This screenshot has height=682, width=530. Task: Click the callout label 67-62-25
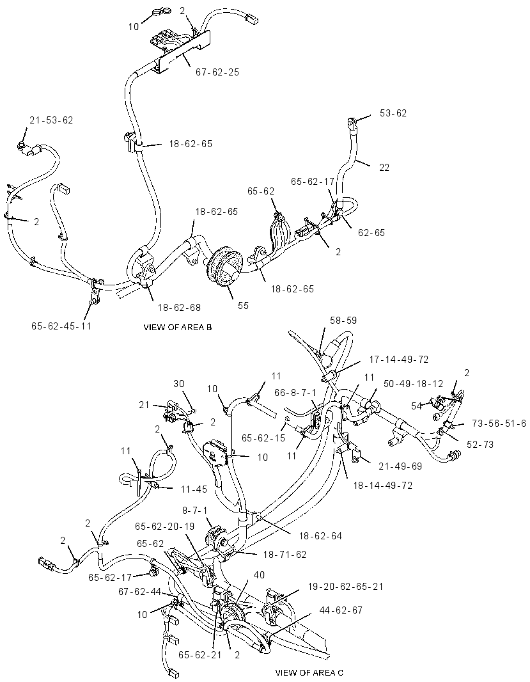click(x=217, y=72)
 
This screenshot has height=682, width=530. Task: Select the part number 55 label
click(x=244, y=306)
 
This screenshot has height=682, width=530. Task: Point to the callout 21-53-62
click(x=51, y=120)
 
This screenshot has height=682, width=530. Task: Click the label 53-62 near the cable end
click(x=393, y=113)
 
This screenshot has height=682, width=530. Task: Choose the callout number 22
click(x=384, y=168)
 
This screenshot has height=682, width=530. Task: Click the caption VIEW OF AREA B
click(x=178, y=328)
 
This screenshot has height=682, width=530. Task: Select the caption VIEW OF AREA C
click(x=309, y=673)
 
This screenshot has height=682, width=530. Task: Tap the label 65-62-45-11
click(x=61, y=326)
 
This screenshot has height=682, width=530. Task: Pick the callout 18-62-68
click(x=179, y=308)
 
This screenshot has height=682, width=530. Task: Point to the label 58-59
click(x=343, y=321)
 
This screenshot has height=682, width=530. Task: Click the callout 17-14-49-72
click(x=399, y=360)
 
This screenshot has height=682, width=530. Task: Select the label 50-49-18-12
click(x=413, y=384)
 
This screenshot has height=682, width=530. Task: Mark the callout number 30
click(x=179, y=384)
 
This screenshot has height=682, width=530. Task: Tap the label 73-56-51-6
click(x=499, y=424)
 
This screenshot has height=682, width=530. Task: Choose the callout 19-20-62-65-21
click(x=346, y=586)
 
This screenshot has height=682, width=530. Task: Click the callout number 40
click(x=259, y=575)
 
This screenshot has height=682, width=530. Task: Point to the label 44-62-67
click(x=341, y=610)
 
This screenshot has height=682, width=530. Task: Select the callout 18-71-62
click(x=284, y=555)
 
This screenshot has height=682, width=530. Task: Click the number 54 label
click(x=417, y=406)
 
